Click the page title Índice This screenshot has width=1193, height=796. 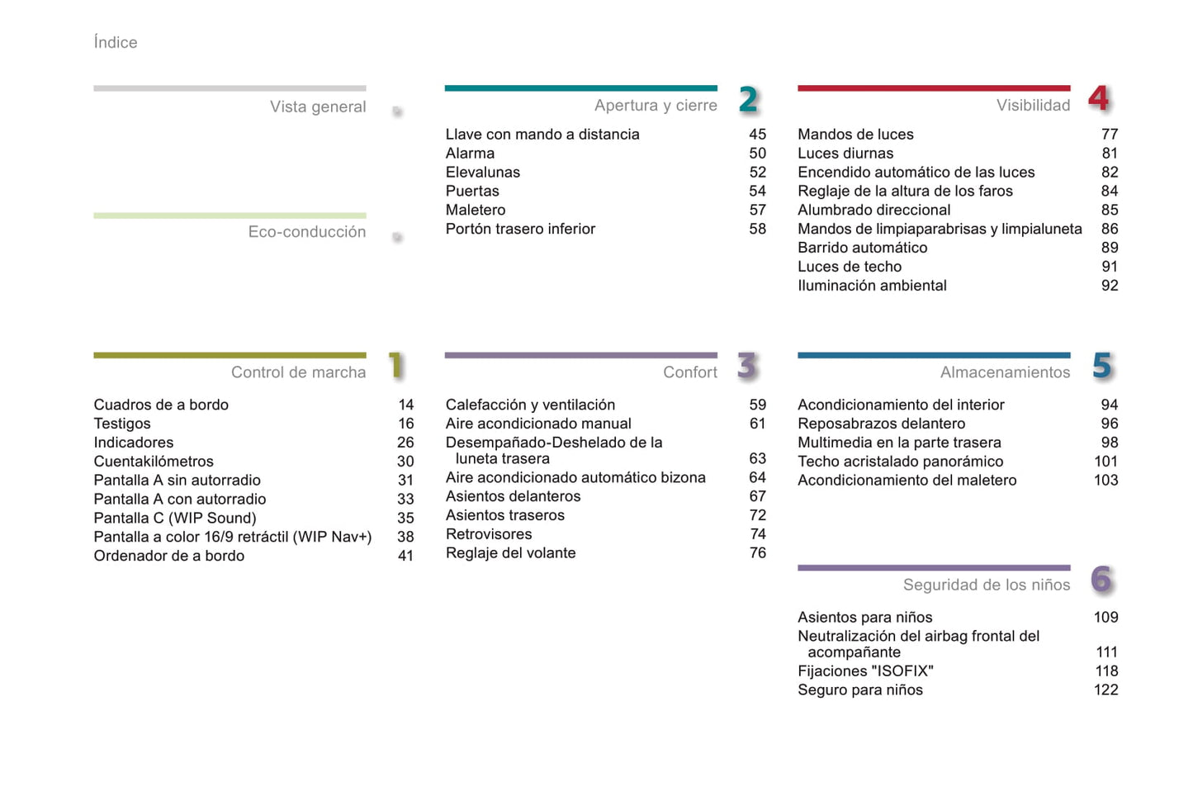coord(116,42)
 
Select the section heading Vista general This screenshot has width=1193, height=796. coord(318,107)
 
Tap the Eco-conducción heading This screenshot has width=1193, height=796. coord(307,232)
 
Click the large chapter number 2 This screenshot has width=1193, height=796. coord(748,100)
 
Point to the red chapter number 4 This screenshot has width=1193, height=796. coord(1099,98)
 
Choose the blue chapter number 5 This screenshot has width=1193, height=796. coord(1102,366)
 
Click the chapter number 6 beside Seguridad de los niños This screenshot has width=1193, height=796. coord(1101,580)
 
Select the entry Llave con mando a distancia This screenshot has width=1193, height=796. coord(542,135)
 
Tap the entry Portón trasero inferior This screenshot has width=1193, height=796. coord(520,229)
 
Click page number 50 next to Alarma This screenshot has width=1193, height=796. coord(757,154)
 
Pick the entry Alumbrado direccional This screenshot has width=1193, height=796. coord(873,210)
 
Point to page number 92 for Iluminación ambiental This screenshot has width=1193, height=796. coord(1110,286)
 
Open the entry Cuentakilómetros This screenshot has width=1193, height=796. coord(154,462)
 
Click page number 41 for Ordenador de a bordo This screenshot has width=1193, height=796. coord(405,556)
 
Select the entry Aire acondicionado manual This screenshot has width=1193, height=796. coord(538,424)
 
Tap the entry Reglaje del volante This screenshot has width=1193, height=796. coord(510,553)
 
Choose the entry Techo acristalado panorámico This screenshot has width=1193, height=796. coord(900,462)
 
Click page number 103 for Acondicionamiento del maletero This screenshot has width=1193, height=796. coord(1105,481)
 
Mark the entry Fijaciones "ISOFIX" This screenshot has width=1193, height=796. coord(865,671)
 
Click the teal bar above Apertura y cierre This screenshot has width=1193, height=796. coord(580,88)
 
